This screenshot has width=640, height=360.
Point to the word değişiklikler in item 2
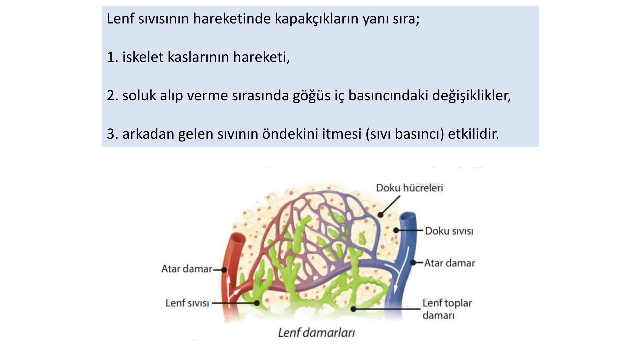(x=471, y=96)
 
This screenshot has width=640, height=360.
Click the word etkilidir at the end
(x=473, y=134)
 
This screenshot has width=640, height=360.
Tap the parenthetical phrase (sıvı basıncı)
(x=405, y=134)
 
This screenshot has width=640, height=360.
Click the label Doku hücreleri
(x=409, y=188)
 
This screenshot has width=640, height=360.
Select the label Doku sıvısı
(x=449, y=231)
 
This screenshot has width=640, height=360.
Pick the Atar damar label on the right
(x=449, y=263)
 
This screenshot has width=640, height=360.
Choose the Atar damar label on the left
(x=187, y=269)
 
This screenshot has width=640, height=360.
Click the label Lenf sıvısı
(x=187, y=303)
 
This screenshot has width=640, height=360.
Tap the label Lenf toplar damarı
(x=447, y=309)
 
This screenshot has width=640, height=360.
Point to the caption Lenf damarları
(x=316, y=332)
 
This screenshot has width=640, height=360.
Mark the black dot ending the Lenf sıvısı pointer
(x=257, y=303)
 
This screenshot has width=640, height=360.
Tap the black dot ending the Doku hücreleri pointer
(x=380, y=215)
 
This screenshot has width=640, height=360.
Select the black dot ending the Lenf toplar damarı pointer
(x=353, y=309)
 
